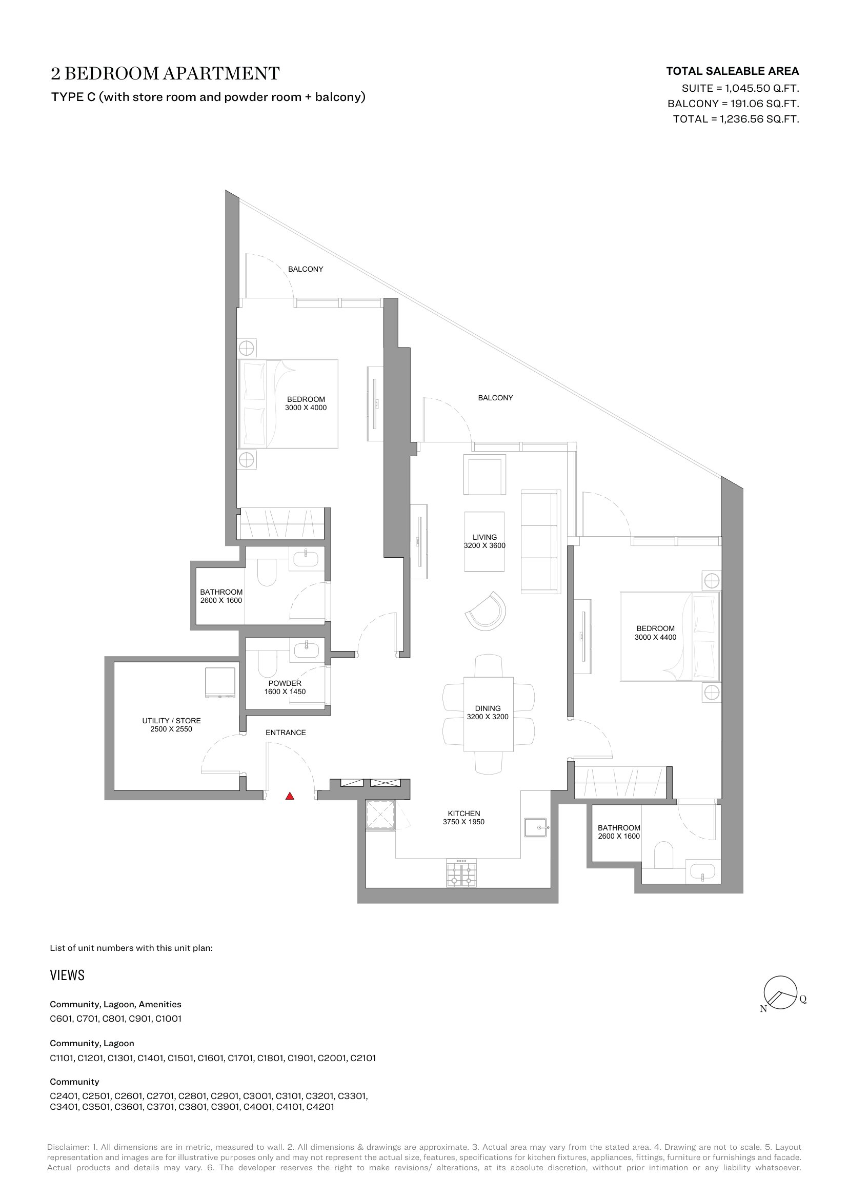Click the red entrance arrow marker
290,797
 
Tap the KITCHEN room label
463,814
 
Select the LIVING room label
484,537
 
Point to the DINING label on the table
488,708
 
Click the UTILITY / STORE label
171,721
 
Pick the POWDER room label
285,683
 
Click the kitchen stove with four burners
461,873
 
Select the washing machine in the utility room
220,682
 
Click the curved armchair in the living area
486,611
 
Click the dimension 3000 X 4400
655,637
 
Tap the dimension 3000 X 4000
306,408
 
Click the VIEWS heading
67,975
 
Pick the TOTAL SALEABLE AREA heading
733,71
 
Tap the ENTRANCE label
286,733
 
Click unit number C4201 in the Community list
320,1107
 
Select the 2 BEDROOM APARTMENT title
165,73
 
